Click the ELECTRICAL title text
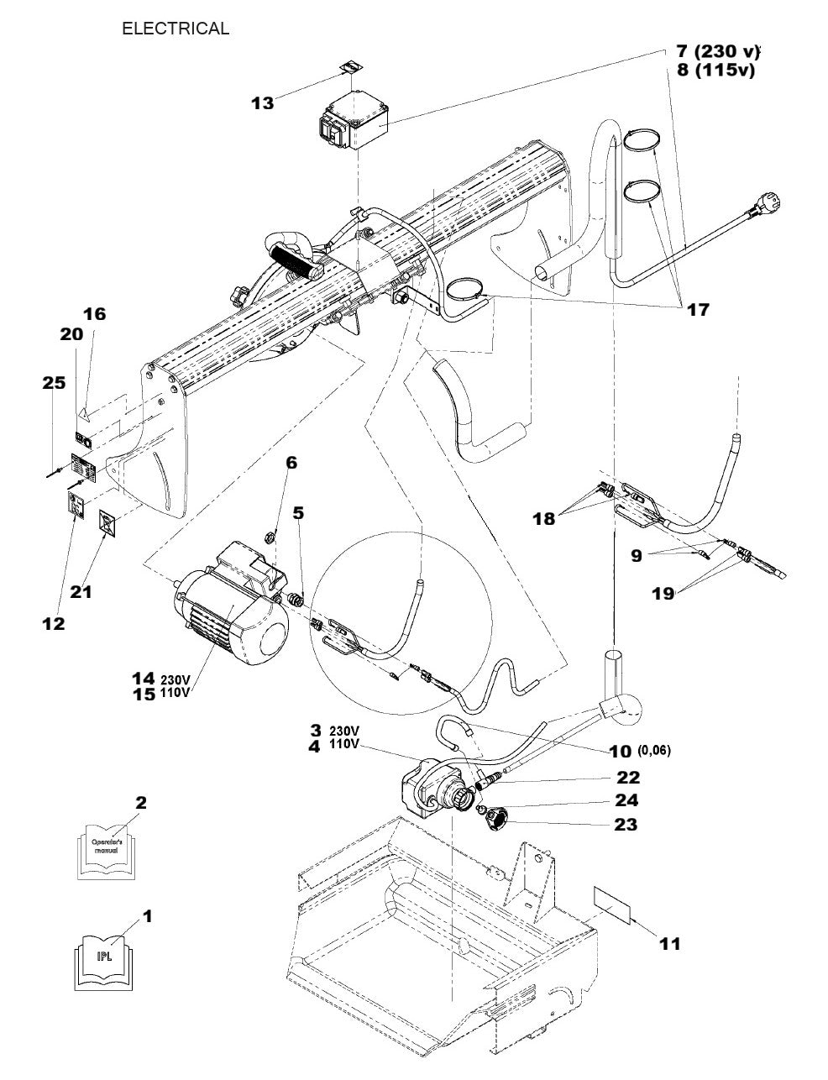pyautogui.click(x=175, y=29)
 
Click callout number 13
pyautogui.click(x=263, y=102)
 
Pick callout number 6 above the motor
pyautogui.click(x=291, y=463)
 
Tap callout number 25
pyautogui.click(x=54, y=383)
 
